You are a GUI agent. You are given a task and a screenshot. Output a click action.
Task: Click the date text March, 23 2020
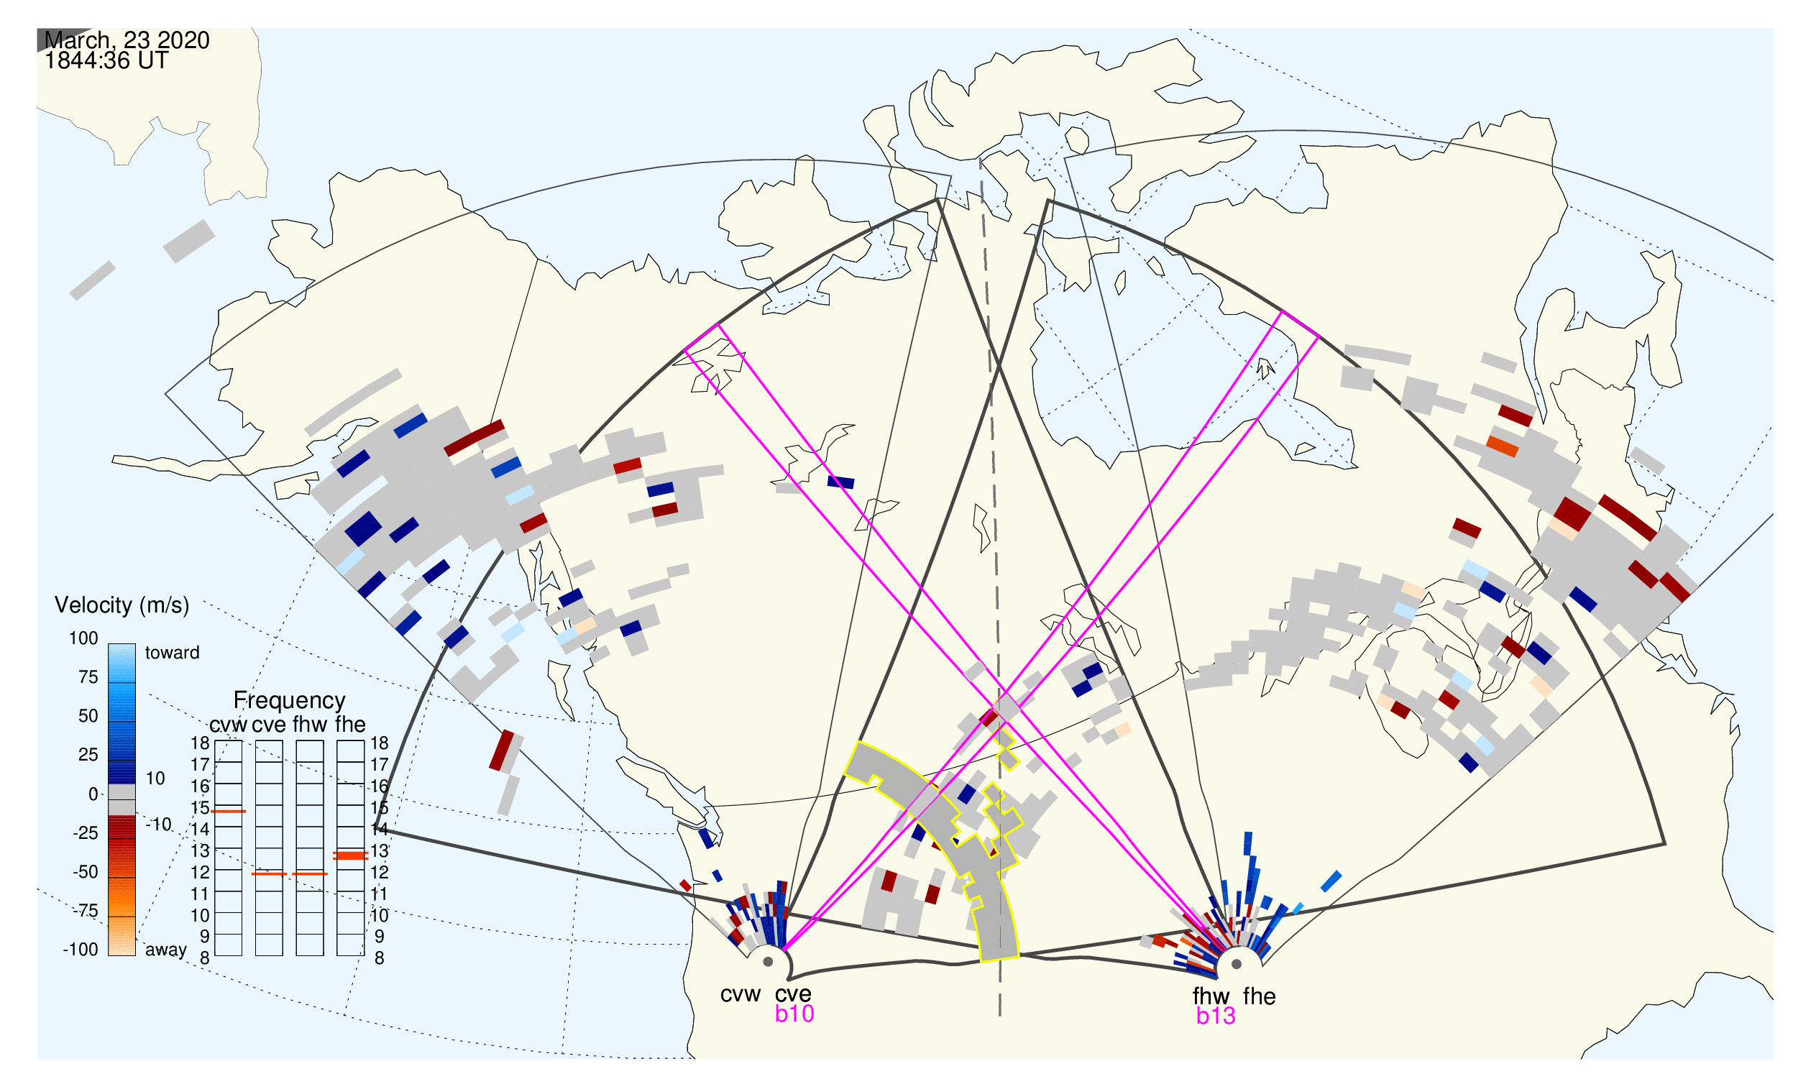(127, 40)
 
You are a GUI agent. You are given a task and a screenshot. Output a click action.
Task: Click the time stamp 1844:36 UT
(106, 61)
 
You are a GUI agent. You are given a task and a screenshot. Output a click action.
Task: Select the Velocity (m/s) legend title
(122, 606)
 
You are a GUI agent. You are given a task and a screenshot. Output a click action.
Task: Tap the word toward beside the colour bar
(173, 653)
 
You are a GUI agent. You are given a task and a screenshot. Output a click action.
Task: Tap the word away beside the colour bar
(166, 950)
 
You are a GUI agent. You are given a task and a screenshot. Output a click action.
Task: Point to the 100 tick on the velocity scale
(83, 638)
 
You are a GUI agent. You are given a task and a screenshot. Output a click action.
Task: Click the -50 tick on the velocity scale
(86, 872)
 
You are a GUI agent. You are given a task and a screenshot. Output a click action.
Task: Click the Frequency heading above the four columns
(290, 701)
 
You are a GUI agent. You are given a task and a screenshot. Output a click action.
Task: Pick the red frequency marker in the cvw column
(228, 812)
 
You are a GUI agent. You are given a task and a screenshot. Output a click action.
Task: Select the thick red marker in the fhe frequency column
(350, 856)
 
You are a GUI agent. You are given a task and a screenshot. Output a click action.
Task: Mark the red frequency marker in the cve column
(269, 874)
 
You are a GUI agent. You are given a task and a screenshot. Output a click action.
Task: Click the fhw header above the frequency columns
(310, 725)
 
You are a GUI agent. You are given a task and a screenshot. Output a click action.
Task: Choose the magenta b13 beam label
(1215, 1016)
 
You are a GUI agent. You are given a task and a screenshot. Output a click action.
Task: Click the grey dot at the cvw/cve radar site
(768, 963)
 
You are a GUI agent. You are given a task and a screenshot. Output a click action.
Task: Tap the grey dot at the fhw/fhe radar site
(1237, 965)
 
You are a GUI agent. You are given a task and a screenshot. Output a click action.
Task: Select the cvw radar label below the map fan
(740, 995)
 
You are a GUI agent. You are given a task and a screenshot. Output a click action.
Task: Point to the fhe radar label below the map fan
(1259, 996)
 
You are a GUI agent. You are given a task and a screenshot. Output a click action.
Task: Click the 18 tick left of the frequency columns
(200, 743)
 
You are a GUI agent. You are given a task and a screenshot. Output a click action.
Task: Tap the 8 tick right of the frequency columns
(380, 959)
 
